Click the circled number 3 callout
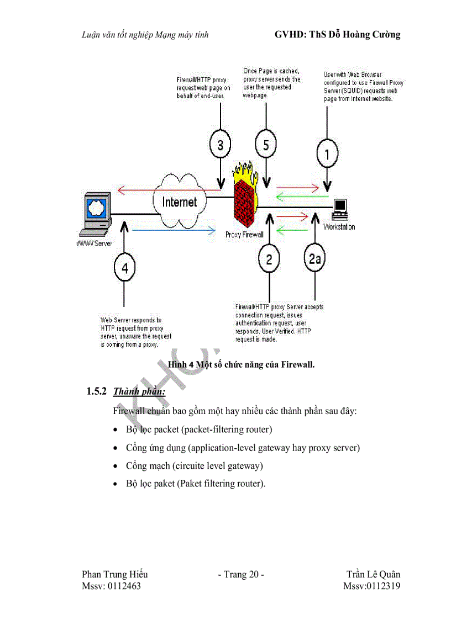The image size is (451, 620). click(221, 145)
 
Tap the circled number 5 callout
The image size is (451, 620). click(266, 145)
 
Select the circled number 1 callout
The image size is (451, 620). click(327, 155)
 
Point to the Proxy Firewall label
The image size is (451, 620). click(244, 235)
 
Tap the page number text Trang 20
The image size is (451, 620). click(241, 575)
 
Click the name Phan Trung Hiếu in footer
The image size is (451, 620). click(114, 575)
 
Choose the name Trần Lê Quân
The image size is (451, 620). click(373, 575)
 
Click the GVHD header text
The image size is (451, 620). click(337, 35)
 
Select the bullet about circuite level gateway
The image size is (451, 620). click(194, 465)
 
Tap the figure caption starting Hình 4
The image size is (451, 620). click(241, 364)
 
